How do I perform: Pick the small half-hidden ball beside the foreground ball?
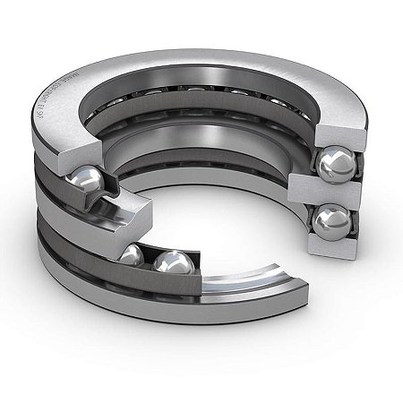point(133,256)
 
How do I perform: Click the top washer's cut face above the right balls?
point(330,134)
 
